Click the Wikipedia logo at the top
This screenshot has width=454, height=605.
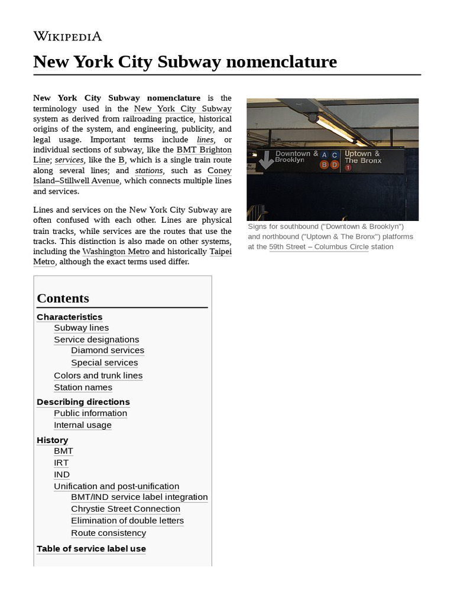pos(67,37)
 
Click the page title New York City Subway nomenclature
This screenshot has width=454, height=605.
pos(185,61)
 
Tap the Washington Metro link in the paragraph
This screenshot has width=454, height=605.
pos(116,252)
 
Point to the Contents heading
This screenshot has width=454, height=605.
pos(63,298)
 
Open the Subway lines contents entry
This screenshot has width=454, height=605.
pos(81,328)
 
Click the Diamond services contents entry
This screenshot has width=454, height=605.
pos(108,350)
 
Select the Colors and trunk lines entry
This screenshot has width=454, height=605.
pos(98,376)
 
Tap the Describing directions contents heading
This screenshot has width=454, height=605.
pos(83,402)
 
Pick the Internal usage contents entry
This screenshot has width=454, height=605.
pos(82,425)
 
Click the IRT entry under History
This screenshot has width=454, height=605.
pos(61,463)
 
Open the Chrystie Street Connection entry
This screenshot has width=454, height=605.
pos(125,509)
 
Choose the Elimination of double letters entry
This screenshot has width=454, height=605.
pos(127,521)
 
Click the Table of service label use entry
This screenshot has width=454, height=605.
pos(91,549)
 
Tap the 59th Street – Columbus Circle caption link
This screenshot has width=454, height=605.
pos(319,247)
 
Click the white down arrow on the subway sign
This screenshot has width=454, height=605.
pos(267,160)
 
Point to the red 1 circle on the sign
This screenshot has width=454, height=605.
pos(348,168)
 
